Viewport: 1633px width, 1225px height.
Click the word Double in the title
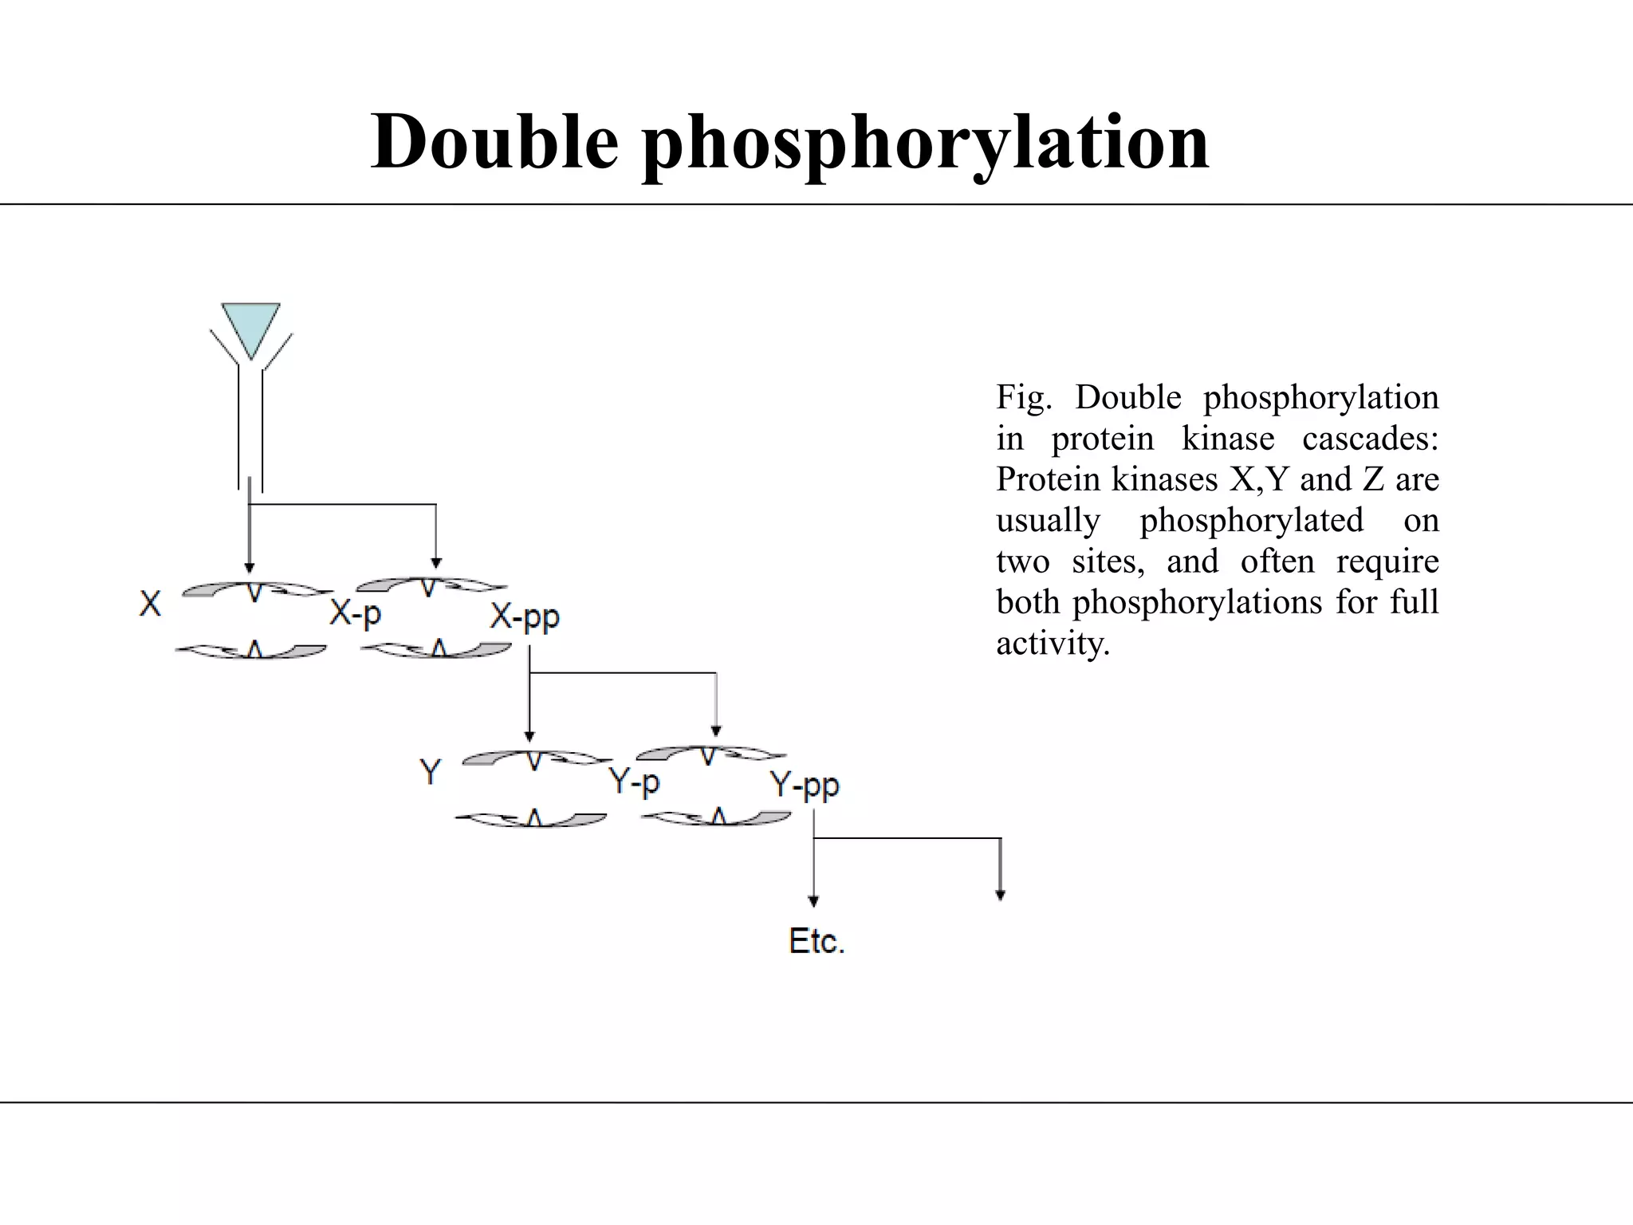point(494,142)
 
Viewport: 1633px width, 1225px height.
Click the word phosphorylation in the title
point(925,144)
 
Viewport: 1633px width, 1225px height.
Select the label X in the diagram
point(150,604)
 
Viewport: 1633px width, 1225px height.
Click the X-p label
point(356,614)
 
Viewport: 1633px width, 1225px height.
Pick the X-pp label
point(525,617)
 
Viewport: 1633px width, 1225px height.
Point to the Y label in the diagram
point(431,772)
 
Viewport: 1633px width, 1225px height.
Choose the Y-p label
point(635,782)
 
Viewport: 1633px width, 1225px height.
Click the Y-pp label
point(805,786)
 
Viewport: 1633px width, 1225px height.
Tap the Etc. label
point(816,941)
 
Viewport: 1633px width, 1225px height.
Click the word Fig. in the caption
point(1024,397)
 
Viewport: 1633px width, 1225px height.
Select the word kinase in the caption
point(1227,439)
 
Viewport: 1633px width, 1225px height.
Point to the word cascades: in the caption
point(1370,439)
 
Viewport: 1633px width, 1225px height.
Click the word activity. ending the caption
point(1053,643)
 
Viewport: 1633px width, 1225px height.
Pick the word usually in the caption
point(1048,521)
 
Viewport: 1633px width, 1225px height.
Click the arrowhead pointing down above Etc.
point(813,901)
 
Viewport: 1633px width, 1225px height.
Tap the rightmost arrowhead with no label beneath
point(1000,895)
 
